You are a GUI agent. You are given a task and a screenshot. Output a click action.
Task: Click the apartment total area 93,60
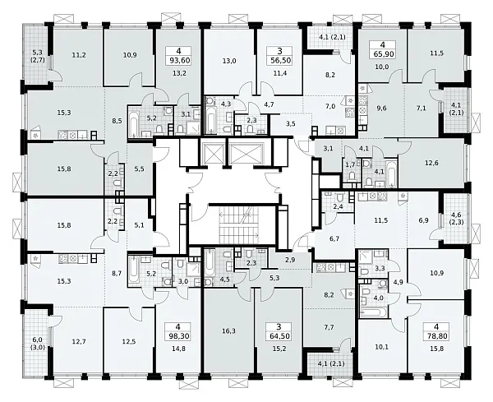[x=178, y=60]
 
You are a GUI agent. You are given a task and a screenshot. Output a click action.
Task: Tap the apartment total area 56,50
[x=279, y=60]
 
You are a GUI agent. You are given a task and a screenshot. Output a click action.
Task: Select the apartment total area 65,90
[x=382, y=53]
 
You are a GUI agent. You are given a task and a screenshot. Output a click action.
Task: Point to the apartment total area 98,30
[x=178, y=335]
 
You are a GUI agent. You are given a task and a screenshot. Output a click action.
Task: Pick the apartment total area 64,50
[x=279, y=335]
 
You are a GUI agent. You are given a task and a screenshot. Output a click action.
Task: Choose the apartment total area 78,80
[x=437, y=335]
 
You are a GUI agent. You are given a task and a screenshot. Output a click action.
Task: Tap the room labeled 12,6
[x=431, y=163]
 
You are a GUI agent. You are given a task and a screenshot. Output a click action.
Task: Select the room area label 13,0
[x=229, y=61]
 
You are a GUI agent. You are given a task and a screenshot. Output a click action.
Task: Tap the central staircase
[x=239, y=225]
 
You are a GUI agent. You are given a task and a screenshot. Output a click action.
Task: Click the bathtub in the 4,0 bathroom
[x=374, y=312]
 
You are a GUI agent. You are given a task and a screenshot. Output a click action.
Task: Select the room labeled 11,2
[x=79, y=55]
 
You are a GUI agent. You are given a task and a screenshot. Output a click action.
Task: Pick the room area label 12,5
[x=129, y=341]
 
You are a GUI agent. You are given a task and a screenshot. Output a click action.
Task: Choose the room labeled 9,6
[x=382, y=109]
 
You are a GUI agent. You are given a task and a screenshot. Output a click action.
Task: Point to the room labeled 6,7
[x=335, y=238]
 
